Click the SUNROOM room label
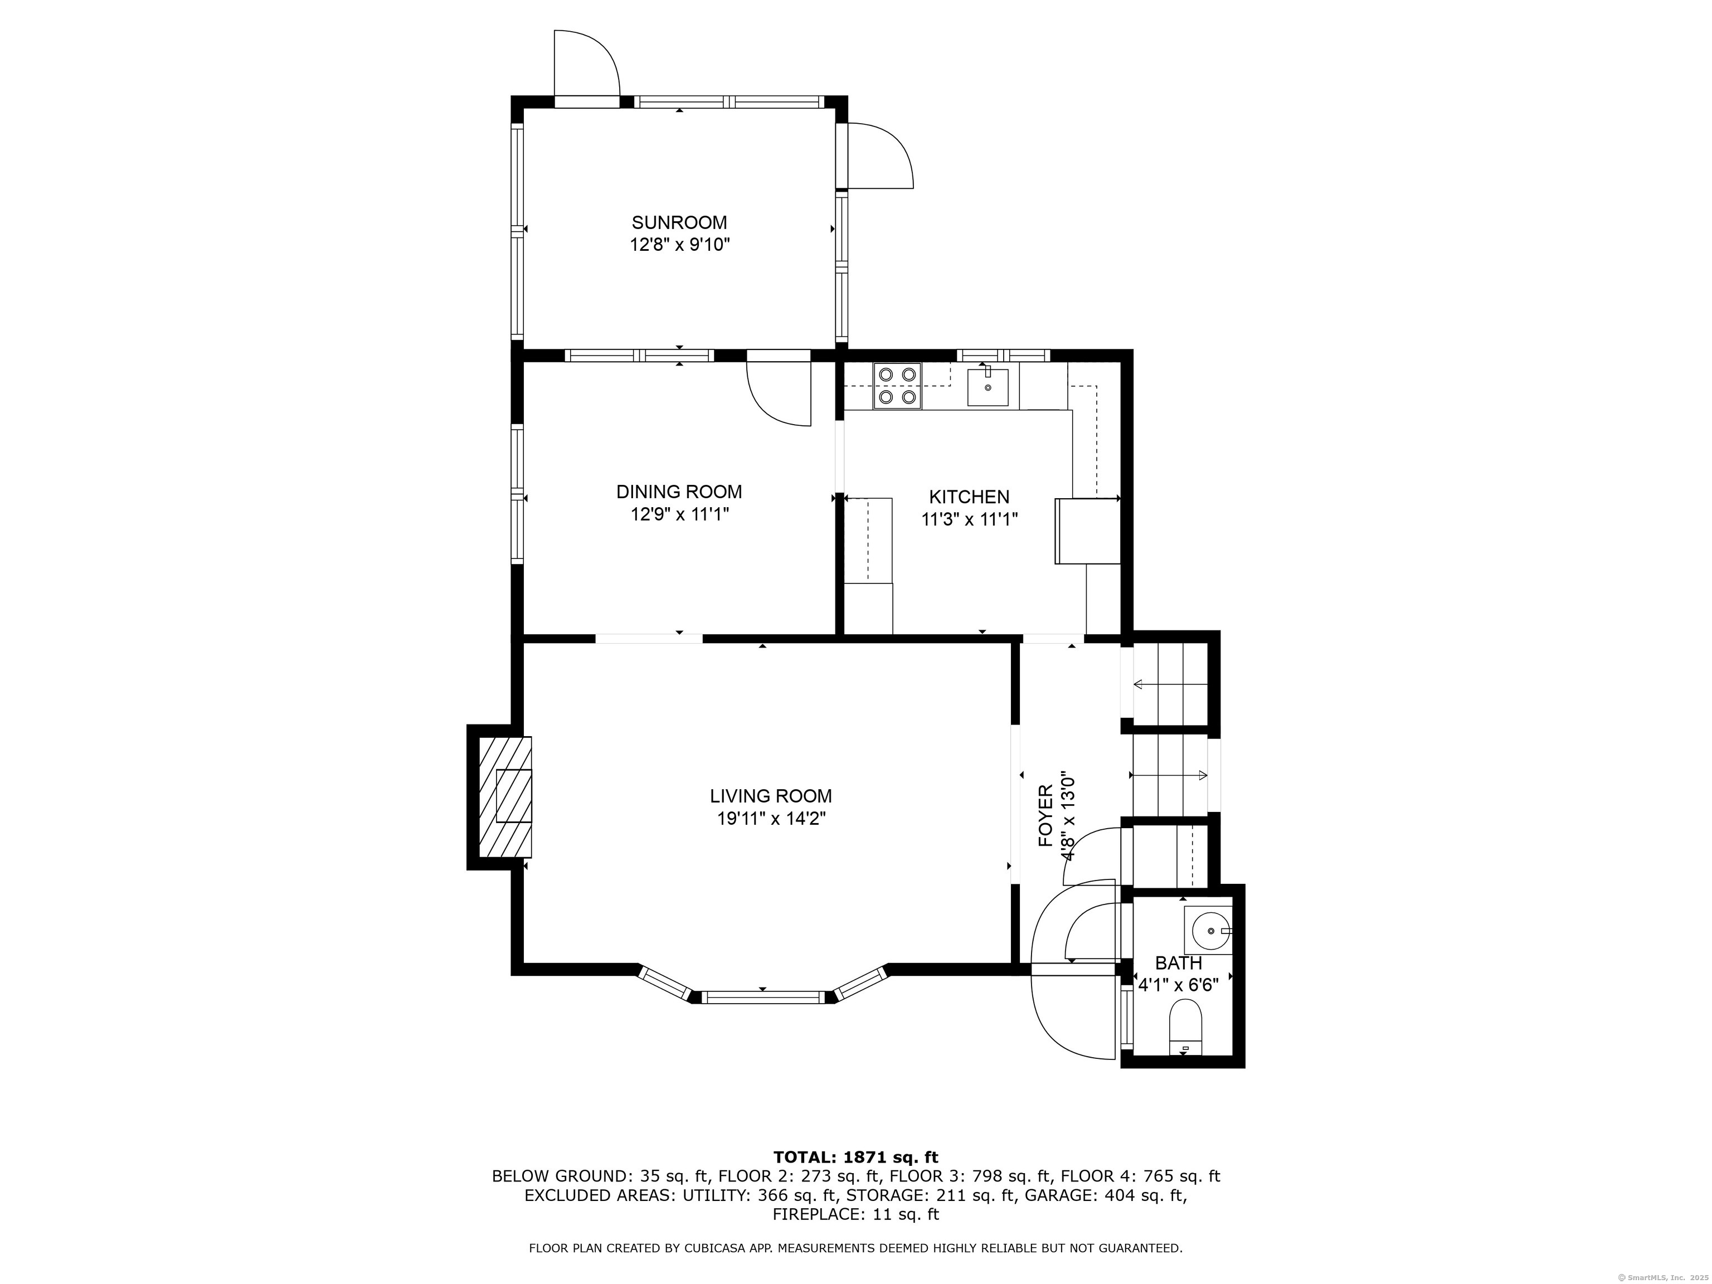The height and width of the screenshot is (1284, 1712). pos(679,223)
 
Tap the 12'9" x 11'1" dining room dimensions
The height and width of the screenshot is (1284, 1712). pos(679,515)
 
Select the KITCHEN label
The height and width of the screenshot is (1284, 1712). pos(969,497)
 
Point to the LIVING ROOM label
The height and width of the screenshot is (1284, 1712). pos(771,796)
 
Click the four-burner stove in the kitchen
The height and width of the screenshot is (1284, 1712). pos(897,386)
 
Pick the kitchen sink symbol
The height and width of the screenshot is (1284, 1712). pos(988,387)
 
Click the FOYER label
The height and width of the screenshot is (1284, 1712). pos(1045,816)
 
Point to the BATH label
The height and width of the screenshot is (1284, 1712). pos(1178,964)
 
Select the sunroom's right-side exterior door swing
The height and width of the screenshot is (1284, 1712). pos(879,157)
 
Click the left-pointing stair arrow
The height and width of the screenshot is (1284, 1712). pos(1169,684)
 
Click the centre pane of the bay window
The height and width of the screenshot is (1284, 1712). pos(762,998)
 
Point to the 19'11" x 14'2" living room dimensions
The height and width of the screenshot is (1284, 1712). pos(771,819)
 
